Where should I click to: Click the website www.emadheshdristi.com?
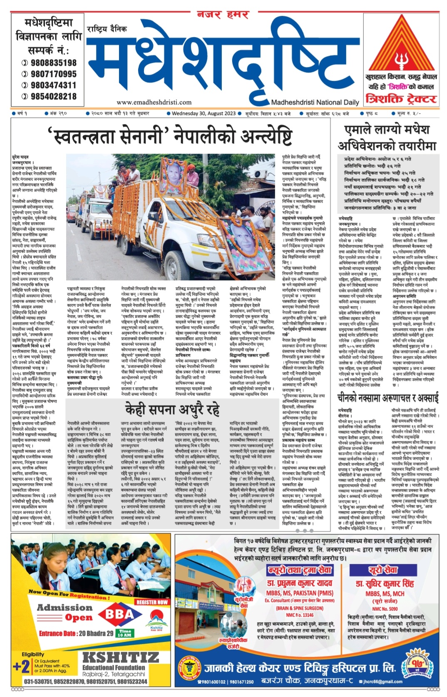[154, 102]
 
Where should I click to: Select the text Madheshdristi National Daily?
[315, 102]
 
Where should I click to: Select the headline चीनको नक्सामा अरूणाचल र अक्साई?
[387, 399]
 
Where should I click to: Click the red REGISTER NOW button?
[152, 602]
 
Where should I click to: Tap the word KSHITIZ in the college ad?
[114, 658]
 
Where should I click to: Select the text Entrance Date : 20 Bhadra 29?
[76, 633]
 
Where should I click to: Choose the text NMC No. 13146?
[300, 615]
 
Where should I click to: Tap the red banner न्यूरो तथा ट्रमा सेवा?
[299, 570]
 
